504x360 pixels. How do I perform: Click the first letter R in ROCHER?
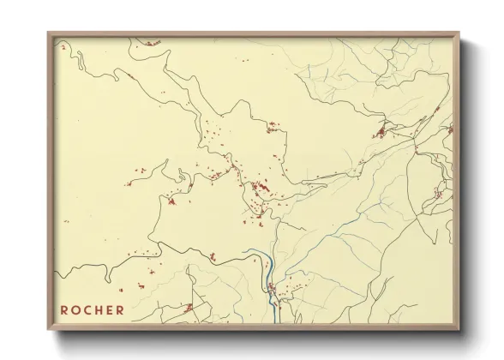[64, 310]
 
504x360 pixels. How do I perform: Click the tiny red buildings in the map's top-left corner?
[63, 48]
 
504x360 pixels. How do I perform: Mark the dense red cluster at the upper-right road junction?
[380, 132]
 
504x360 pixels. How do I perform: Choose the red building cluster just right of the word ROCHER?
[188, 306]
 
